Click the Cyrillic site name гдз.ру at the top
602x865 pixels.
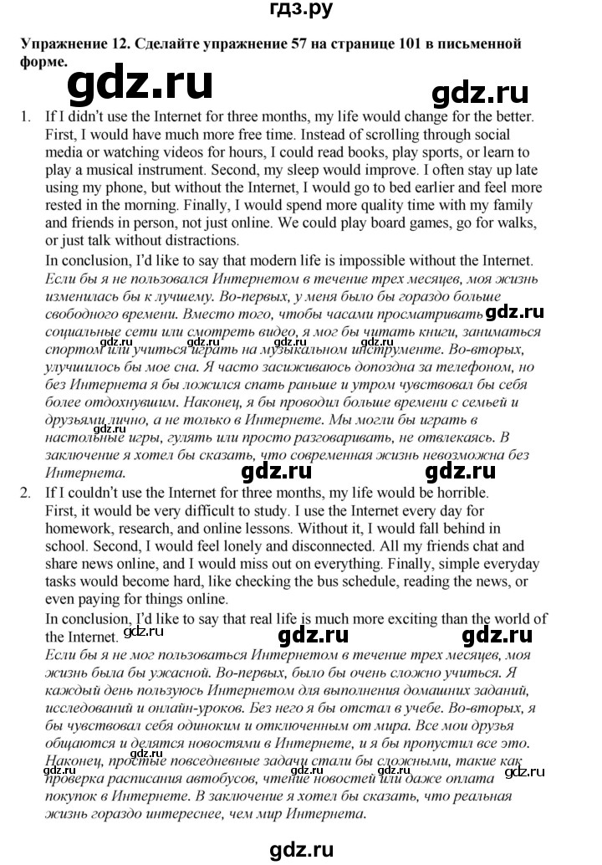point(301,10)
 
